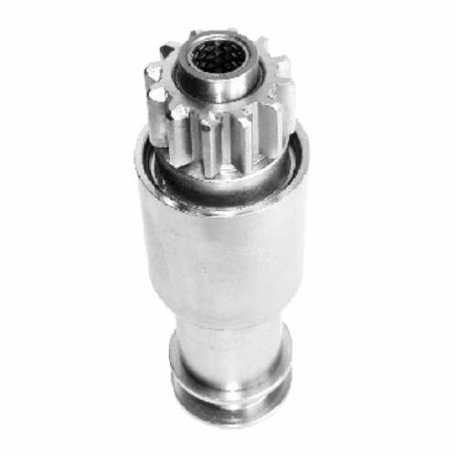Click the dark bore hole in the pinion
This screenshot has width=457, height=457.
(218, 57)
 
